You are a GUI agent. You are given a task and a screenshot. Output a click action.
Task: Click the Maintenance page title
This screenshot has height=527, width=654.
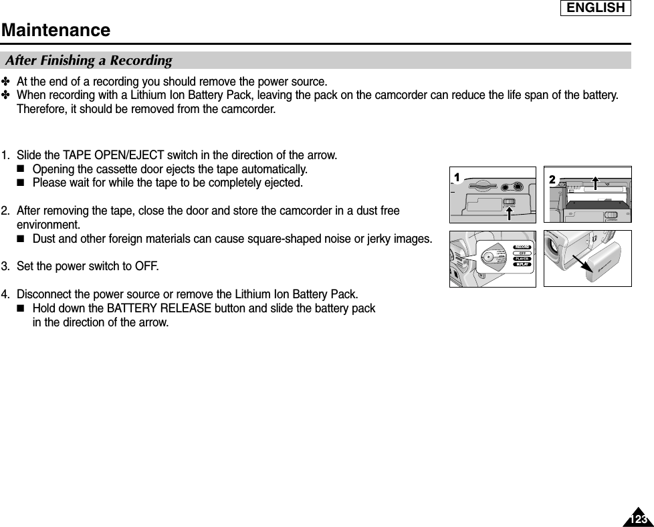(x=56, y=30)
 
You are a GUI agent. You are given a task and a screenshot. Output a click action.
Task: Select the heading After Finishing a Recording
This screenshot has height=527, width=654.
(x=88, y=61)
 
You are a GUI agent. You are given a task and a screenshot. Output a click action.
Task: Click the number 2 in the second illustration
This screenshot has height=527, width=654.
(x=552, y=179)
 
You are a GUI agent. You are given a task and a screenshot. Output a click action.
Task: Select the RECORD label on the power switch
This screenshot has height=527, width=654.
(x=522, y=247)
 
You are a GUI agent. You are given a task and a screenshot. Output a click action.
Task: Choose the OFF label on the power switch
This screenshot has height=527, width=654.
(x=522, y=253)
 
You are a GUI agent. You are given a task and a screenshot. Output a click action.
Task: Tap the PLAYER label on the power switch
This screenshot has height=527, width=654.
(x=522, y=259)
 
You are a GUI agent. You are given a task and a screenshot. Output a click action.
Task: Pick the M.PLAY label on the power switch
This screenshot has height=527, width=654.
(x=522, y=265)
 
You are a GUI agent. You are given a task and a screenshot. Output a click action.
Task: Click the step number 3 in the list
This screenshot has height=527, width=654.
(x=5, y=267)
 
